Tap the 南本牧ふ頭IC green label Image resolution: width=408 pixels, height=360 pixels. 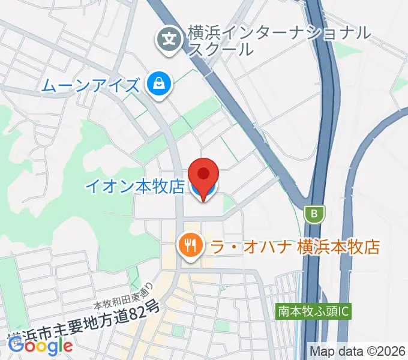coord(313,311)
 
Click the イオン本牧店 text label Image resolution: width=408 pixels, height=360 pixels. coord(134,187)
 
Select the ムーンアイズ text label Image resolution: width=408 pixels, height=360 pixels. coord(90,85)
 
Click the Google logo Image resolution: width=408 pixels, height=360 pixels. coord(40,345)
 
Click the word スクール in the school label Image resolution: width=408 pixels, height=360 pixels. coord(221,49)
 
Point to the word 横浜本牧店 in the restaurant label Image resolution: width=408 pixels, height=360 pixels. coord(339,246)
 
